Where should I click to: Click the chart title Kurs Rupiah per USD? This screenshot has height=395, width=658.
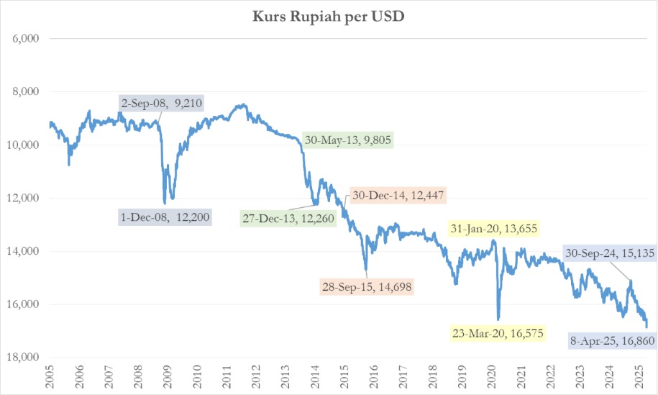(329, 17)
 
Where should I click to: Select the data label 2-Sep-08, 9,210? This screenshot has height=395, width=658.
(161, 104)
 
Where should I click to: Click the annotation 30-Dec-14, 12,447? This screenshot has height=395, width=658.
(398, 195)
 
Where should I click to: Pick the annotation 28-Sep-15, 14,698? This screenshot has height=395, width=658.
(367, 286)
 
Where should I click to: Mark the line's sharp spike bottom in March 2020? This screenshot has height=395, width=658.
(498, 319)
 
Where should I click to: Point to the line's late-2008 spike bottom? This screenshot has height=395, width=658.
(165, 204)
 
